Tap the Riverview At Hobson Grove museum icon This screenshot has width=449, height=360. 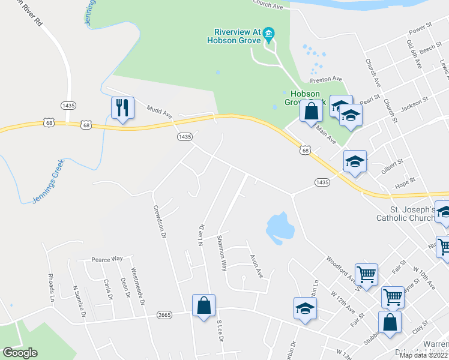click(x=268, y=33)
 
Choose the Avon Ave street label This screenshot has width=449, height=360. click(x=257, y=265)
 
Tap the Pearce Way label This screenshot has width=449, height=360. click(x=107, y=259)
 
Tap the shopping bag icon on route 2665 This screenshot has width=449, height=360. click(x=203, y=305)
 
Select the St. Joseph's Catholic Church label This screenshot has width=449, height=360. click(x=409, y=214)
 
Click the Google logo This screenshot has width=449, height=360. click(x=20, y=353)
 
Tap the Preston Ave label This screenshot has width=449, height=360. click(x=325, y=79)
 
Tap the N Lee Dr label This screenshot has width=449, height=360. click(x=201, y=235)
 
